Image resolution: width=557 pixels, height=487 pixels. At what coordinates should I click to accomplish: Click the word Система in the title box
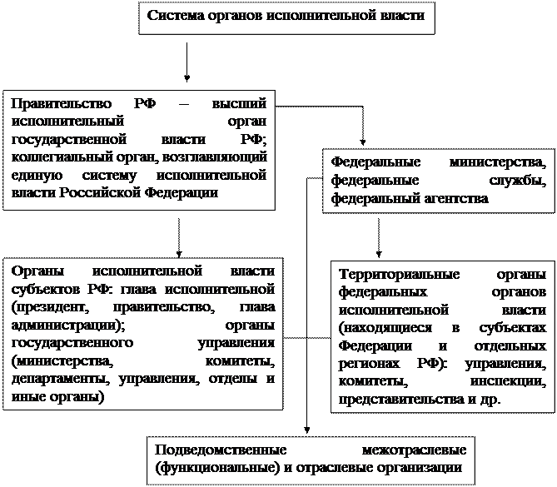[x=174, y=16]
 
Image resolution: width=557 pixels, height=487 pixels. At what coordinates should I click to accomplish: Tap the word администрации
[x=66, y=325]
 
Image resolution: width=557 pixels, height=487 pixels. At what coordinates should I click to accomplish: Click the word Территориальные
[x=391, y=276]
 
